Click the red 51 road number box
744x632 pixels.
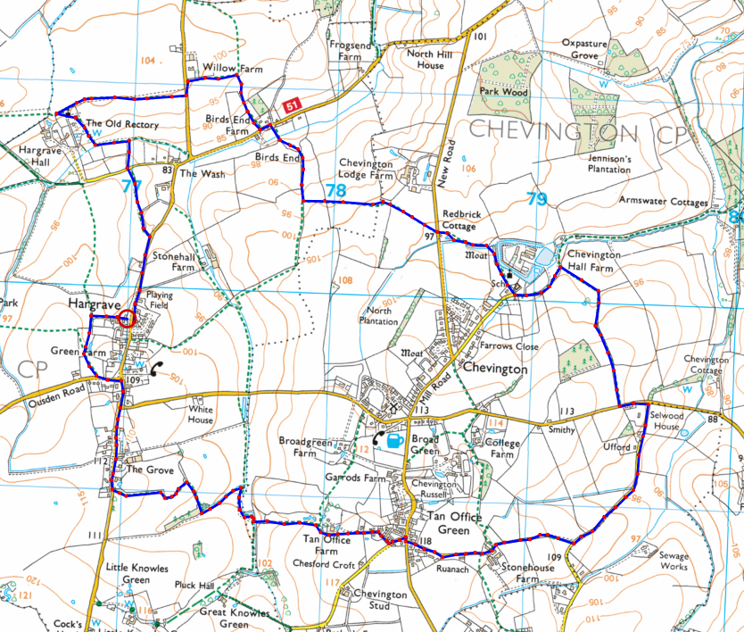[292, 106]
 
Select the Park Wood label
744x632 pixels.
[504, 92]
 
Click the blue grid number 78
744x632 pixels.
[335, 191]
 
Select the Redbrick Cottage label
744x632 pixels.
[460, 220]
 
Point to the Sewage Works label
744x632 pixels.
[674, 561]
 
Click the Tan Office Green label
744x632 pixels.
[454, 524]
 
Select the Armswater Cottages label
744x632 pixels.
[664, 203]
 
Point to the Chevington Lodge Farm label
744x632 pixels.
[366, 170]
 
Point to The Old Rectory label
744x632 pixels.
[122, 124]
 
